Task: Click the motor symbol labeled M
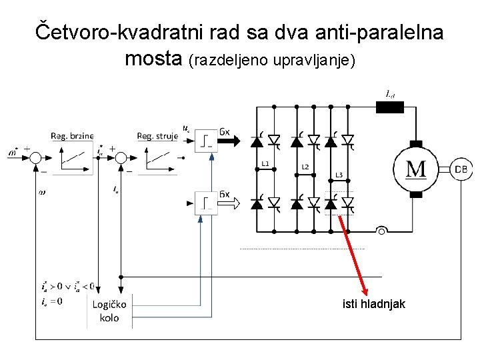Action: point(416,168)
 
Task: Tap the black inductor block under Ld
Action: point(390,106)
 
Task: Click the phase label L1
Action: point(265,163)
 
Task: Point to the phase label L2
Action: point(305,166)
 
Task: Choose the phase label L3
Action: point(339,175)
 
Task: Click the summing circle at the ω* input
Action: point(35,158)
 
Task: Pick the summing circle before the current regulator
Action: point(121,158)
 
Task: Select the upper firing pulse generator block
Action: point(207,140)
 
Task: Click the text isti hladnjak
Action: point(373,304)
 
